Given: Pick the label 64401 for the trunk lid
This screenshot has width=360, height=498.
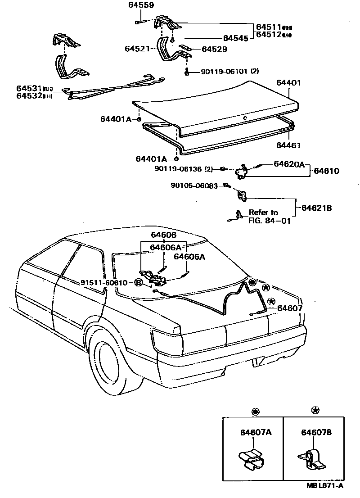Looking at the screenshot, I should click(x=288, y=83).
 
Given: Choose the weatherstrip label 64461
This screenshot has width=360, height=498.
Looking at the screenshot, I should click(x=288, y=145).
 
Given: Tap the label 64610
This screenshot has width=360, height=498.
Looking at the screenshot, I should click(x=326, y=171).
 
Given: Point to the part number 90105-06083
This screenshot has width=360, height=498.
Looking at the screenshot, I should click(x=194, y=186).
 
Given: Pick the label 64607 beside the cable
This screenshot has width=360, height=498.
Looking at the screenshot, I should click(x=290, y=308).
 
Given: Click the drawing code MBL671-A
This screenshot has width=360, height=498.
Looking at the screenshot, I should click(x=321, y=485).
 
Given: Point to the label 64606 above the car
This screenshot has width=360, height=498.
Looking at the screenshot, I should click(x=163, y=235).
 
